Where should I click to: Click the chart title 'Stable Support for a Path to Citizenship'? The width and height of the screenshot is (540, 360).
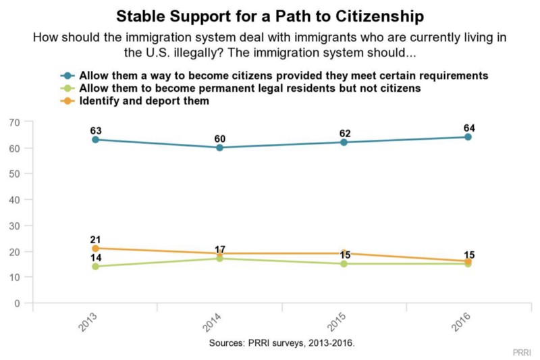coord(269,15)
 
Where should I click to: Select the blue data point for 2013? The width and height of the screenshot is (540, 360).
coord(95,139)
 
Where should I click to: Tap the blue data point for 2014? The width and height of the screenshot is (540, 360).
coord(219,147)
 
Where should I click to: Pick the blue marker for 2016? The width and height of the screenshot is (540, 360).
coord(468,137)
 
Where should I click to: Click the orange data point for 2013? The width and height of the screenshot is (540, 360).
coord(95,248)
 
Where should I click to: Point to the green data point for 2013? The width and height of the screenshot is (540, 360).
coord(95,266)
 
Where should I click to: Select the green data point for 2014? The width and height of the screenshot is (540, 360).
coord(219,259)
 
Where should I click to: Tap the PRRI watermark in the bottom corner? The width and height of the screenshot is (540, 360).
coord(520,353)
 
